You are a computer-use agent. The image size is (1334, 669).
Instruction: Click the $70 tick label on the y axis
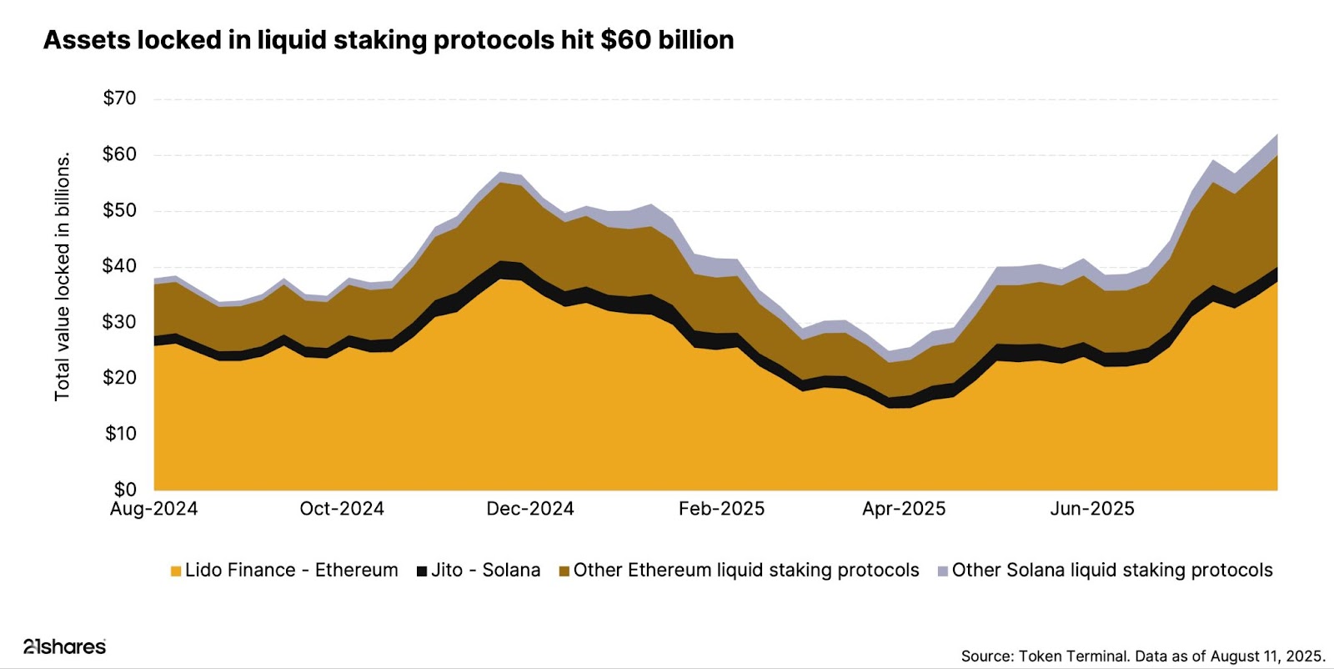coord(119,98)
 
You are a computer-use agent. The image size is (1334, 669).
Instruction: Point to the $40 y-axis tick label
coord(119,266)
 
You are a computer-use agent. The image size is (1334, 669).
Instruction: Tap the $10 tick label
coord(120,434)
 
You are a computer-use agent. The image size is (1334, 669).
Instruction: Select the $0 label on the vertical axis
coord(125,490)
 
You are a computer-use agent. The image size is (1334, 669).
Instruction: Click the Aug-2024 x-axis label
coord(154,509)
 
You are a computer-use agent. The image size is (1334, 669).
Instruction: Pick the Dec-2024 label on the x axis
coord(530,509)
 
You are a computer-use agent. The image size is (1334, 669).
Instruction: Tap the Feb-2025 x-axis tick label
coord(721,509)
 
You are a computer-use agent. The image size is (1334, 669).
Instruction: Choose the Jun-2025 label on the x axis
coord(1092,509)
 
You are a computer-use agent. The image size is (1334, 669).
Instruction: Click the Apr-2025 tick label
coord(904,509)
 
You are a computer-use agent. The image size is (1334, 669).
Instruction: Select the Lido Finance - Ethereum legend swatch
coord(176,571)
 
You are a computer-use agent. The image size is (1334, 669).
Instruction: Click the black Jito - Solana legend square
coord(422,571)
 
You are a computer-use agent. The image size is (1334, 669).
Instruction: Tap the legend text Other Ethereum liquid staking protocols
coord(746,571)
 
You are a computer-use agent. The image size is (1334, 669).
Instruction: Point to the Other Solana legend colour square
coord(943,571)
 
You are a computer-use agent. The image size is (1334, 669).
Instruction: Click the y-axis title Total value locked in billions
coord(63,276)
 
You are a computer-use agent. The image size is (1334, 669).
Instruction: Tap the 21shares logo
coord(64,646)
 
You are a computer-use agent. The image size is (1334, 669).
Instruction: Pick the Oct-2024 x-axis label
coord(342,509)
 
